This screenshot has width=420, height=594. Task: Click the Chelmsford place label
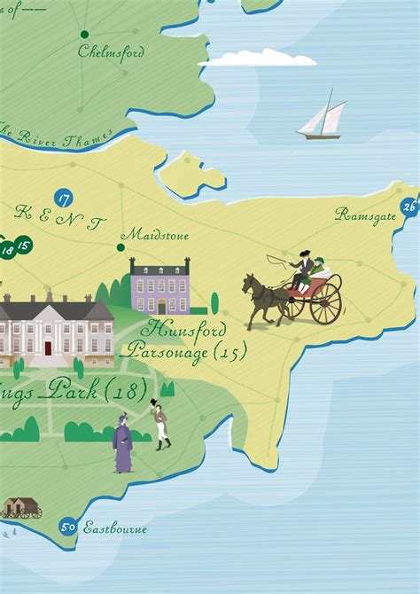(x=111, y=51)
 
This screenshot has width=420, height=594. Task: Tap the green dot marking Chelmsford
(x=84, y=35)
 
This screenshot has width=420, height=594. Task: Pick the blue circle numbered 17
(x=63, y=198)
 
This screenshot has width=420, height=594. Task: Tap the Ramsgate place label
(x=365, y=215)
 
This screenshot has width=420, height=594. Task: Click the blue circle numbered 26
(x=408, y=207)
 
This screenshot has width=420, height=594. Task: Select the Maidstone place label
(x=156, y=235)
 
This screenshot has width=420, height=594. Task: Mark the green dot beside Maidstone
(x=121, y=247)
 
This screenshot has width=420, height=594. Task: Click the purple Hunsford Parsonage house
(x=160, y=287)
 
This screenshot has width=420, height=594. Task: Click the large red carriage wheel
(x=325, y=303)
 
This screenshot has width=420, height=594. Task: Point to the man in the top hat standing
(x=161, y=426)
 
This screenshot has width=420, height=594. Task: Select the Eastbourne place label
(x=115, y=528)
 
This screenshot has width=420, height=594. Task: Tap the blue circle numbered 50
(x=67, y=527)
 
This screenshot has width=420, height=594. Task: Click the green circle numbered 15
(x=24, y=246)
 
